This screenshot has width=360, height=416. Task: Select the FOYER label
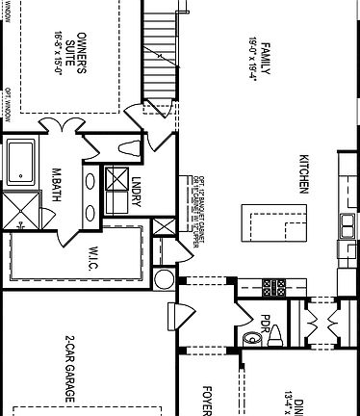[x=205, y=401]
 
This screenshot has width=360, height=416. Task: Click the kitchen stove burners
[x=274, y=286]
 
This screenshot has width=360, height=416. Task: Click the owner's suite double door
[x=64, y=126]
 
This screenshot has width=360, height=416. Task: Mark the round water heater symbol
[x=162, y=278]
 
